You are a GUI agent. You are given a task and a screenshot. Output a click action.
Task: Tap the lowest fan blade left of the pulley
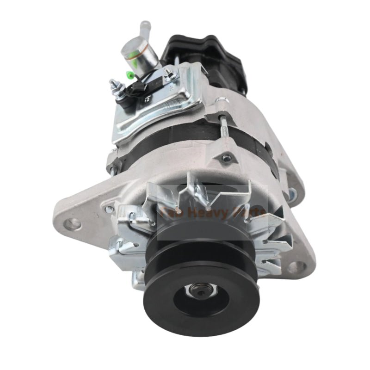click(x=139, y=277)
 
